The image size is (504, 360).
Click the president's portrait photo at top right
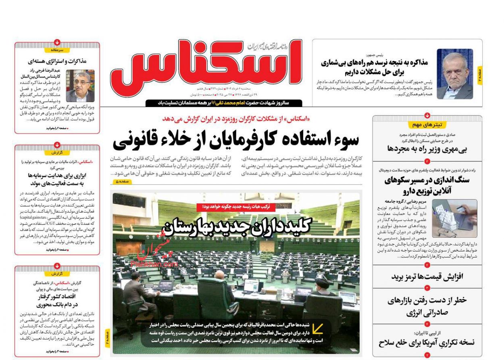click(x=455, y=73)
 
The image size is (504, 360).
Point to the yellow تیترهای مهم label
click(x=427, y=125)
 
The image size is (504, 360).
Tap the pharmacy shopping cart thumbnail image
click(x=455, y=218)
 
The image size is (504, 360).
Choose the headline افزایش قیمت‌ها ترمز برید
click(x=427, y=277)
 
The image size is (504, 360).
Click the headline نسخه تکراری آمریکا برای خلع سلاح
click(x=427, y=342)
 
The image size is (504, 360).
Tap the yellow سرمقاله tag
click(x=57, y=50)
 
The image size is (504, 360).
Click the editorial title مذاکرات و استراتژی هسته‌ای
click(x=57, y=61)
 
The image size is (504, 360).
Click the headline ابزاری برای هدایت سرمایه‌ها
click(x=57, y=179)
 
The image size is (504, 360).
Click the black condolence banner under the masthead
click(x=224, y=103)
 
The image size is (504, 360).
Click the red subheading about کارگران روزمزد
click(x=236, y=119)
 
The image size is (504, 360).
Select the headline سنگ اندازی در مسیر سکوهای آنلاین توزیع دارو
click(x=427, y=185)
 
